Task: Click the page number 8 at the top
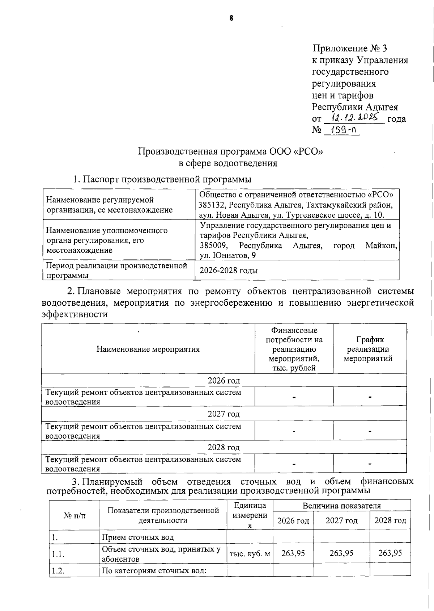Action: point(231,18)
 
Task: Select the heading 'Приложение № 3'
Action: point(349,48)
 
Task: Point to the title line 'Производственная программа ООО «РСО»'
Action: point(230,151)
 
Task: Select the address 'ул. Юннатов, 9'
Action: point(228,256)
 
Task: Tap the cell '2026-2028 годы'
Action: point(229,271)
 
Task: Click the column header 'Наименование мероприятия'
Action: point(148,349)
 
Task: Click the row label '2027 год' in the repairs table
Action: point(224,414)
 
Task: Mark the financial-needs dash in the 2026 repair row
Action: point(294,397)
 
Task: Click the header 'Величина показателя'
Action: point(341,506)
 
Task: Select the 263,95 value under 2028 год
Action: point(390,553)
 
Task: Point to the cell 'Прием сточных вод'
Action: point(138,537)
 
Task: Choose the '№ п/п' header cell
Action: point(75,515)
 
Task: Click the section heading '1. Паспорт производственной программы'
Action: point(162,179)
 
